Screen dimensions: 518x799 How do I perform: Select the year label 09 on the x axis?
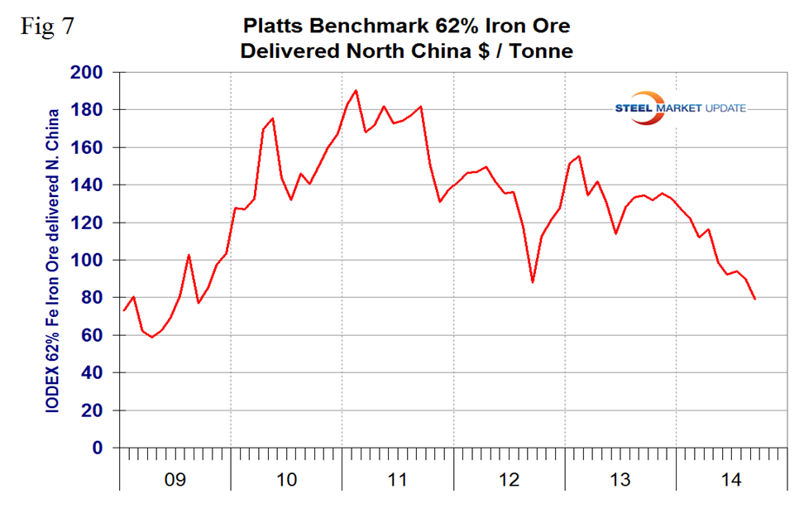pos(176,479)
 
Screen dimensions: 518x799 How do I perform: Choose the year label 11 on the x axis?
pos(399,479)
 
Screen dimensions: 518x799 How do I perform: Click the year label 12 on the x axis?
pos(510,479)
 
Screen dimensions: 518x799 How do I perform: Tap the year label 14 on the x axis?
pos(732,479)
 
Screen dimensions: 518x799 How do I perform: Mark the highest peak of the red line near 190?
pos(356,90)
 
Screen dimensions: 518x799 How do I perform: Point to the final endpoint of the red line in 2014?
pos(755,299)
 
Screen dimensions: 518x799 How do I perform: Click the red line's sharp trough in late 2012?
pos(533,282)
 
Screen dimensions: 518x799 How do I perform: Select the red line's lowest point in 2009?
pos(151,337)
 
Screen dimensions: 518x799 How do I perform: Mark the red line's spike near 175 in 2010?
pos(273,118)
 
